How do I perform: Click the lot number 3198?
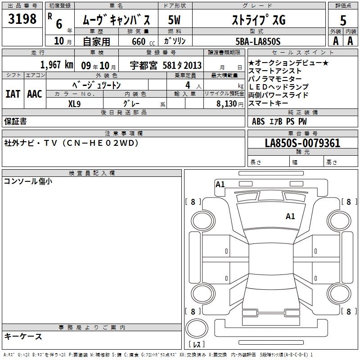click(22, 18)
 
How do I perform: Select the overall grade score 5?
click(343, 20)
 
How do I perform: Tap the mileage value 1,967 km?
click(57, 65)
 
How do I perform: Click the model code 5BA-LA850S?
click(258, 41)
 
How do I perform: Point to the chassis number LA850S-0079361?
click(302, 143)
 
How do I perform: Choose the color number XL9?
click(74, 104)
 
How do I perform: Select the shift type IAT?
click(13, 94)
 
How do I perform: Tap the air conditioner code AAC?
click(35, 94)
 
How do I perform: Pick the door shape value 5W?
click(174, 20)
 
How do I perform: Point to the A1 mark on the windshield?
click(290, 216)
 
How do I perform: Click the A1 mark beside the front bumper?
click(220, 184)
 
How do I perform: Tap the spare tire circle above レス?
click(197, 328)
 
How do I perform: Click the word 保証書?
click(15, 121)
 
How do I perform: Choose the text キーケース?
click(23, 337)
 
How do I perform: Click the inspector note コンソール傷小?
click(28, 181)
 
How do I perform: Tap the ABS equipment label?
click(258, 121)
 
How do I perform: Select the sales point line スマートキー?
click(268, 103)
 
